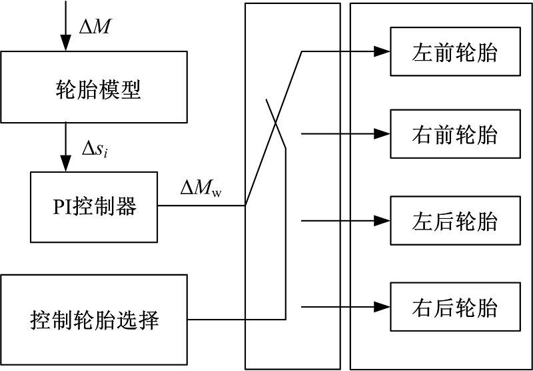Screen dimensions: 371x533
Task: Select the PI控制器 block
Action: pyautogui.click(x=94, y=207)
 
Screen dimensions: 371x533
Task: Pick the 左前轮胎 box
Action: pyautogui.click(x=454, y=52)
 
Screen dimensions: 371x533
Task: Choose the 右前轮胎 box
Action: pyautogui.click(x=454, y=135)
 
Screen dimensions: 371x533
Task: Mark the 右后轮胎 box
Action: pyautogui.click(x=454, y=308)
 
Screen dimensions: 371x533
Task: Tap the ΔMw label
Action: pyautogui.click(x=201, y=189)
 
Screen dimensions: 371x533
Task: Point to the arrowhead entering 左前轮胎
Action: pyautogui.click(x=381, y=52)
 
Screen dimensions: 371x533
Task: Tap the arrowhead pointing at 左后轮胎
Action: pyautogui.click(x=381, y=221)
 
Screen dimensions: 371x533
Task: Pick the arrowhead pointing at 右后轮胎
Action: pyautogui.click(x=381, y=307)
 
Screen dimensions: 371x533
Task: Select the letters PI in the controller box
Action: pyautogui.click(x=63, y=208)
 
